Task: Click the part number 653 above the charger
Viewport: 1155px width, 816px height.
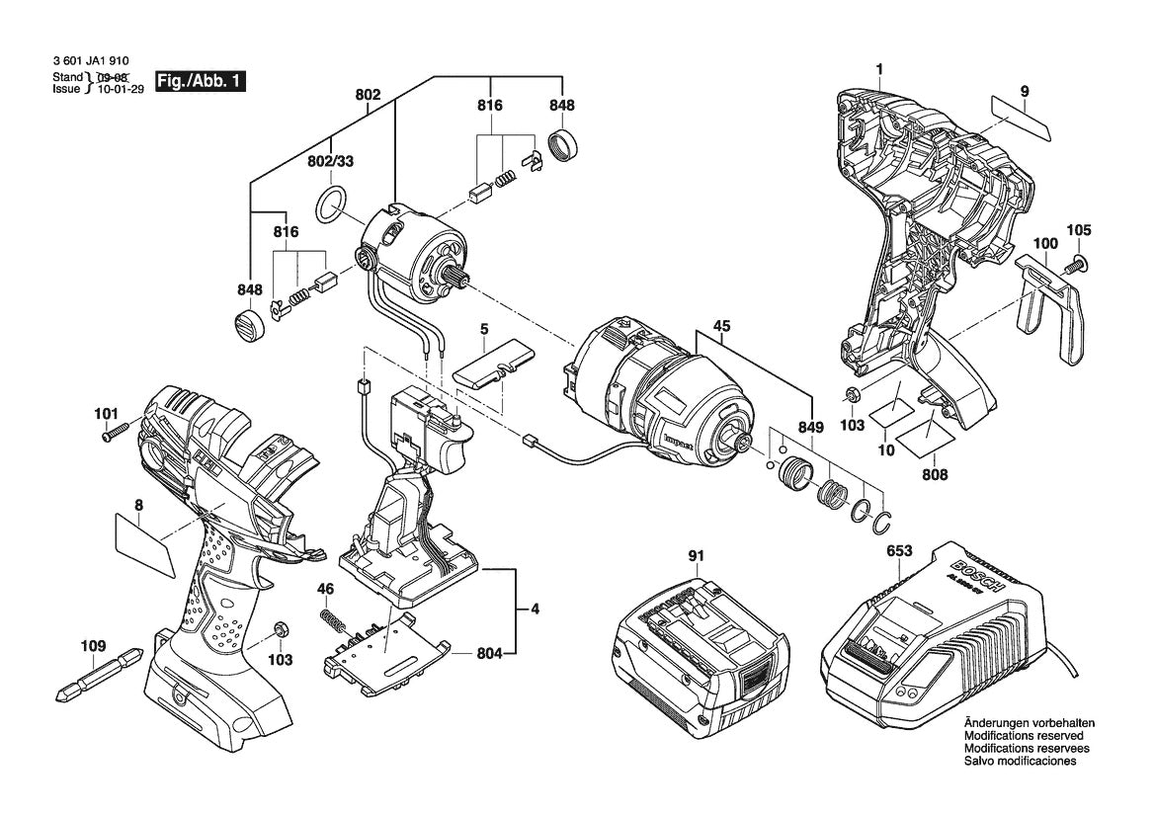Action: click(x=899, y=552)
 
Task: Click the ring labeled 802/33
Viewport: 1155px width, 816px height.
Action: click(x=331, y=204)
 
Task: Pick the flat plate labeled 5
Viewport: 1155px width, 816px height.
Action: click(x=491, y=367)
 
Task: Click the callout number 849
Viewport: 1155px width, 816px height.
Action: click(x=810, y=428)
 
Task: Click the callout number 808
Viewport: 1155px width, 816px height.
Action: click(x=935, y=475)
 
